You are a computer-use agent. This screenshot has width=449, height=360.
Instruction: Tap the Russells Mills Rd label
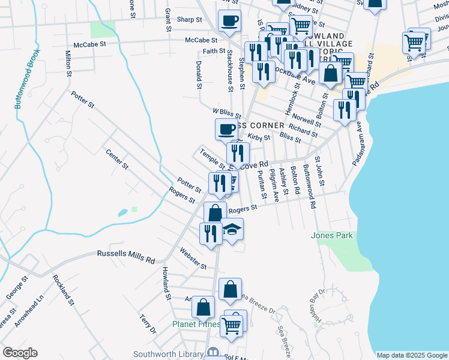(x=126, y=257)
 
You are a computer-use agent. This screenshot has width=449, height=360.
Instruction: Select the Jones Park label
(x=331, y=236)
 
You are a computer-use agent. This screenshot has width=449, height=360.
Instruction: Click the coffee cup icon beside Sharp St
(x=229, y=20)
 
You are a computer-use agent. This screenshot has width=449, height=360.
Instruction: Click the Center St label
(x=117, y=157)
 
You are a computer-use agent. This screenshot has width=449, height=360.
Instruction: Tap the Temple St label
(x=212, y=158)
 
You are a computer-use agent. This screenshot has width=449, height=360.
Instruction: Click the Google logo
(x=20, y=353)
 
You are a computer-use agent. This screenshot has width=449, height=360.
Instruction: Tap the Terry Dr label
(x=147, y=323)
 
